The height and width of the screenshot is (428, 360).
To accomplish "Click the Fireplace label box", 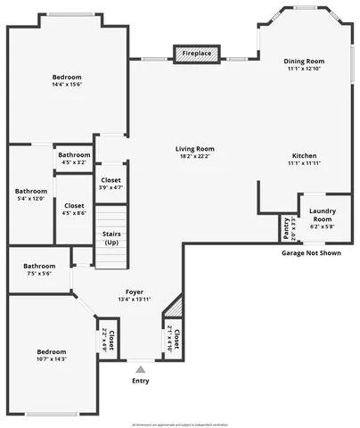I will click(197, 54).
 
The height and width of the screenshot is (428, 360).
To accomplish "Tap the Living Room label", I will click(194, 149).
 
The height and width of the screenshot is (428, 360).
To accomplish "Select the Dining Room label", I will click(303, 62).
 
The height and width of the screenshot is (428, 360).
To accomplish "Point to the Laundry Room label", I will click(322, 215).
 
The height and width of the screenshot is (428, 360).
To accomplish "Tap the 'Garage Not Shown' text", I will click(311, 252).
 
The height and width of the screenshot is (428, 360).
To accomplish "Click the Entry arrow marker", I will click(141, 367).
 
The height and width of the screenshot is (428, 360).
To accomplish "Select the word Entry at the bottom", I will click(141, 381).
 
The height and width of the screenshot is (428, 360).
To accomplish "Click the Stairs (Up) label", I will click(111, 238).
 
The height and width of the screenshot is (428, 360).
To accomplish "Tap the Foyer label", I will click(135, 291).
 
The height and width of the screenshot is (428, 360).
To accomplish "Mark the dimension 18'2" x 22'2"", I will click(194, 157).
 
